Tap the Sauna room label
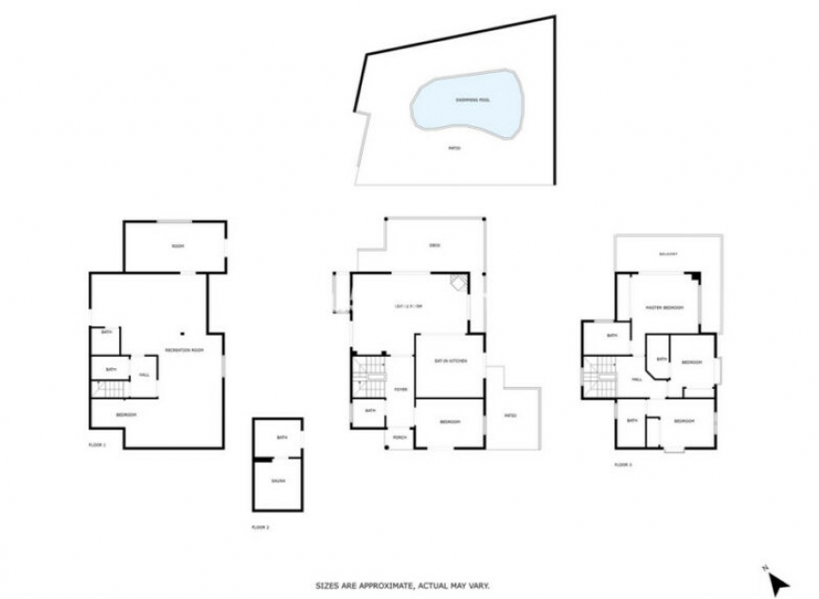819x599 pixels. click(278, 481)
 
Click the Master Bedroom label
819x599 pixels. click(665, 308)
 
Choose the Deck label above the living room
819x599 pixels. click(435, 246)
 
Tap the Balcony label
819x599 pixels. click(669, 254)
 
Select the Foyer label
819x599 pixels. click(400, 388)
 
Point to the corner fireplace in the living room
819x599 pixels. click(458, 283)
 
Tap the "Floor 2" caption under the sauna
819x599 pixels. click(260, 526)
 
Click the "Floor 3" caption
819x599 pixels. click(622, 465)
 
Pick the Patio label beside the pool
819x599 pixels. click(454, 149)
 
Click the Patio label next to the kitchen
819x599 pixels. click(509, 415)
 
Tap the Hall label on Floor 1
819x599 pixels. click(144, 375)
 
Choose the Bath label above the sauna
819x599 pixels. click(281, 438)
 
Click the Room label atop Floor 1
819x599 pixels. click(177, 246)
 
